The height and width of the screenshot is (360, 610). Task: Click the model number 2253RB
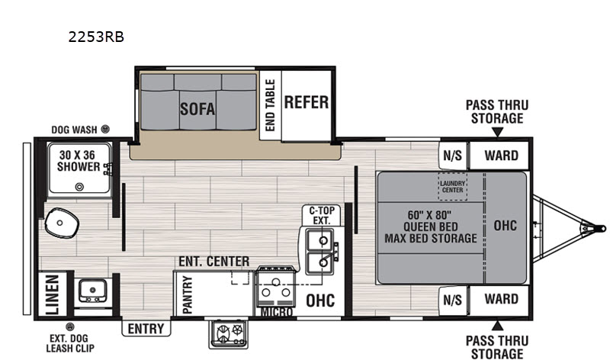click(96, 37)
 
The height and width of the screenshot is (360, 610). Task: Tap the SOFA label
click(197, 109)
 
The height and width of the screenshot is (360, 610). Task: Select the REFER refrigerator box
click(307, 105)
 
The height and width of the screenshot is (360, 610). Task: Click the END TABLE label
click(270, 105)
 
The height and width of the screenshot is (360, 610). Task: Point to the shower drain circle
click(79, 187)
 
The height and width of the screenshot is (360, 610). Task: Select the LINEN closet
click(53, 294)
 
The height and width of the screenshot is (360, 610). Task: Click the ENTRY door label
click(146, 329)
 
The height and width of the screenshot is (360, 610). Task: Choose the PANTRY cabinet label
click(187, 294)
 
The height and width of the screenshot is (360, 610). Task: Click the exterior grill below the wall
click(228, 334)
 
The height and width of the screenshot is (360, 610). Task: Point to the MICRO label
click(277, 312)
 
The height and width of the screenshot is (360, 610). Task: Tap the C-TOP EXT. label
click(322, 215)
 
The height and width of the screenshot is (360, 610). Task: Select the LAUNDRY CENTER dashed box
click(452, 187)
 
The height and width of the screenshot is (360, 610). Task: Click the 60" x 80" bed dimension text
click(429, 215)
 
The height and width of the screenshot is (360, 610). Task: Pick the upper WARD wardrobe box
click(499, 156)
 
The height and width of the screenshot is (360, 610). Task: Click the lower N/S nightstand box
click(453, 300)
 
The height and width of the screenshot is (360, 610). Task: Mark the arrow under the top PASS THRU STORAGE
click(497, 132)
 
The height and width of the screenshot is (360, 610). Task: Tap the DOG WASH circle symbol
click(105, 129)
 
